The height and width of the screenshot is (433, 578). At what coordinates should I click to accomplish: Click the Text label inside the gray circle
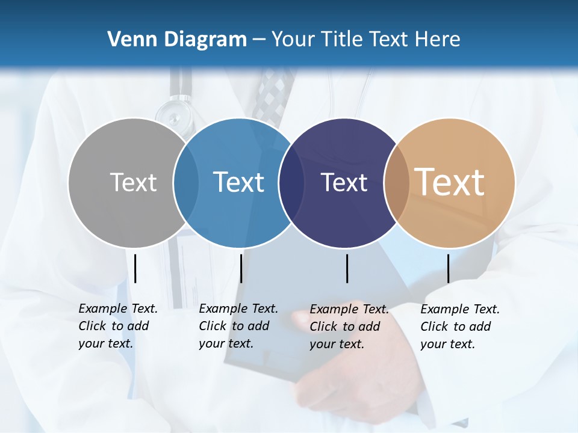[x=133, y=182]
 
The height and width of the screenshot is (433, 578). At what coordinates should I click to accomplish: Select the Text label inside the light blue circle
[x=238, y=182]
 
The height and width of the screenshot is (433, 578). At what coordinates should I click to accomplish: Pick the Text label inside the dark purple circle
[x=344, y=182]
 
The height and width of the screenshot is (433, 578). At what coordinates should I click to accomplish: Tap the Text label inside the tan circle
[x=450, y=182]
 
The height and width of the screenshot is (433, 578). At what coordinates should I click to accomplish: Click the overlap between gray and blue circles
[x=186, y=182]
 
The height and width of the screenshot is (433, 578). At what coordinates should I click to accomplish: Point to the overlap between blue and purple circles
[x=291, y=182]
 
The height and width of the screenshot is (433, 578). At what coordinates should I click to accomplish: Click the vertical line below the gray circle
[x=135, y=268]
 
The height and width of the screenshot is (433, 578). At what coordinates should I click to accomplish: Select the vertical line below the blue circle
[x=241, y=268]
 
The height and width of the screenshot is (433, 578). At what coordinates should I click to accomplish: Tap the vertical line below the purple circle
[x=347, y=268]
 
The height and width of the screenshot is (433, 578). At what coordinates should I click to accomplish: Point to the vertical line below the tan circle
[x=448, y=268]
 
